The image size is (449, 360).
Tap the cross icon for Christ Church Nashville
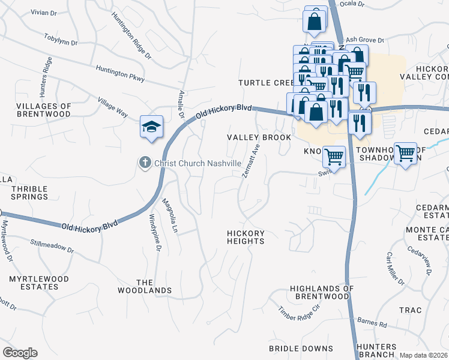(145, 163)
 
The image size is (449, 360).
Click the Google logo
(20, 353)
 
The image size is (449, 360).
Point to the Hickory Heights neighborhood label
(246, 237)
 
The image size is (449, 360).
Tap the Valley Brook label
(259, 137)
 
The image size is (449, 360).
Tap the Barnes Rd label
(373, 323)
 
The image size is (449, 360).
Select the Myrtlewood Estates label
(38, 283)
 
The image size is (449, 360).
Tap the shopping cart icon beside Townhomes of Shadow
(406, 154)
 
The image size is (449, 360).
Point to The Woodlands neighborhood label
(154, 286)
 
